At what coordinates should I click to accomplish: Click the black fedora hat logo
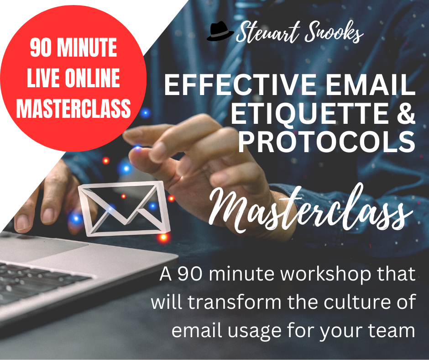coord(220,31)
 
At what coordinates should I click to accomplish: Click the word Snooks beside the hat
coord(334,32)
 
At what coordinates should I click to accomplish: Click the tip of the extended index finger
coord(126,134)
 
